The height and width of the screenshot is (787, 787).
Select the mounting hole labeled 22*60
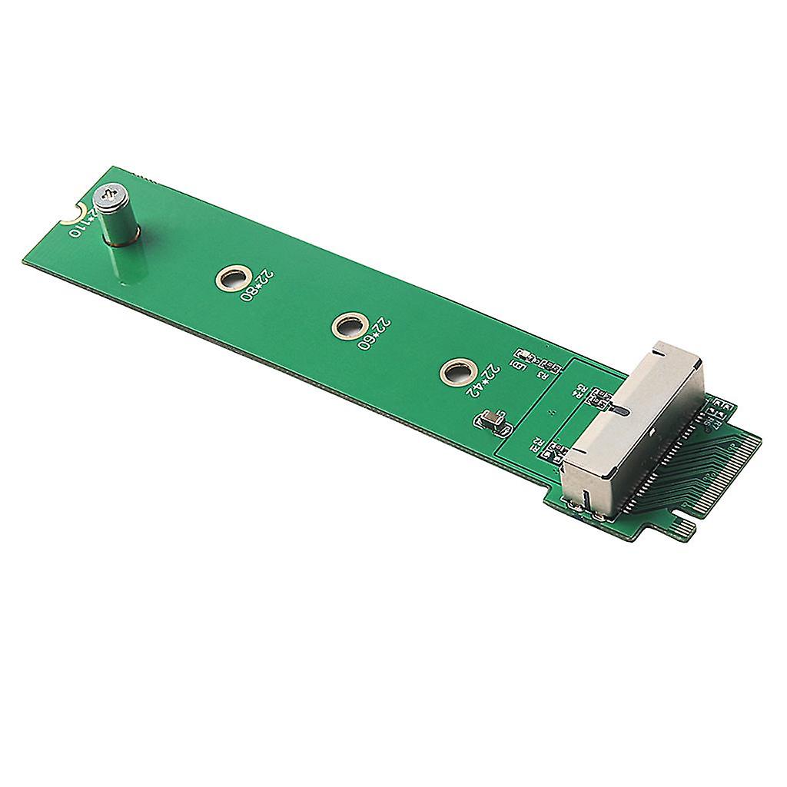(347, 327)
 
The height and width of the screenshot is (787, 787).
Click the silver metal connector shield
(630, 430)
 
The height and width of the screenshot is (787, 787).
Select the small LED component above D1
(525, 355)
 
